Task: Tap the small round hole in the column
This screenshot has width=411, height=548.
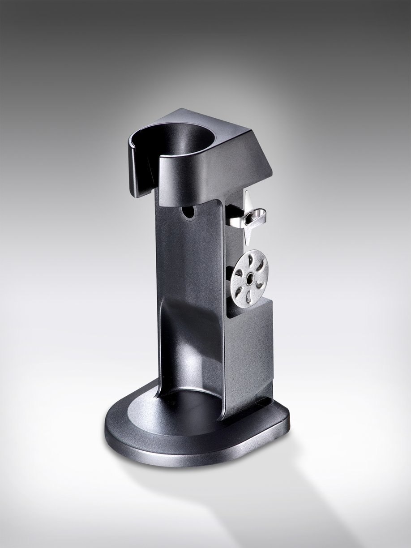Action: (189, 213)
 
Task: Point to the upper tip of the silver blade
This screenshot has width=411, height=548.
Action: (248, 193)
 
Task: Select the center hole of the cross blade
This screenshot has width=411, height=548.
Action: (248, 218)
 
